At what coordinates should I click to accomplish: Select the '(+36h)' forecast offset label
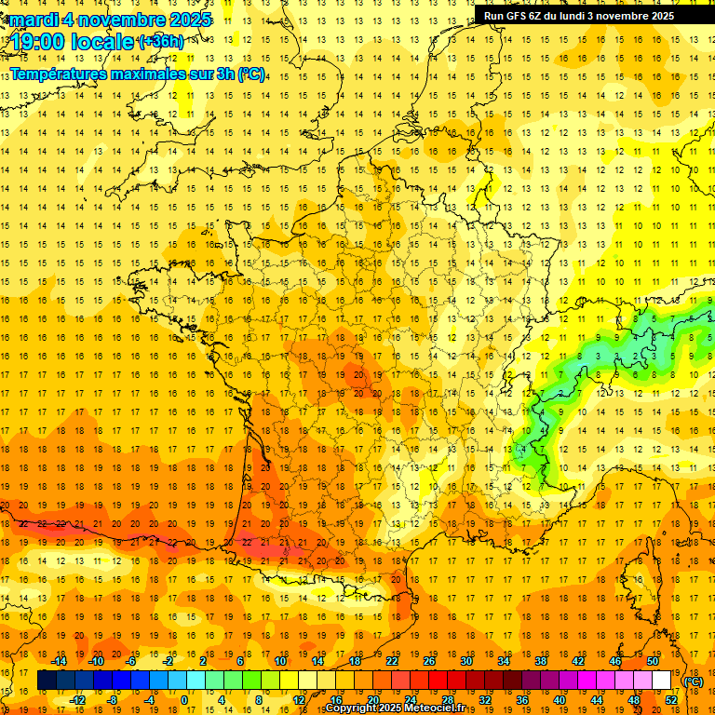(161, 42)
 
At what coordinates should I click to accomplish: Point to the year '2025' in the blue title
(190, 20)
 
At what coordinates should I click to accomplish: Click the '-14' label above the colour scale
(58, 661)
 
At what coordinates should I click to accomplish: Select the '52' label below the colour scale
(671, 700)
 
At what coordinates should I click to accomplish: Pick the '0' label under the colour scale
(183, 700)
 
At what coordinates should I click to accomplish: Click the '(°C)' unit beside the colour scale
(693, 681)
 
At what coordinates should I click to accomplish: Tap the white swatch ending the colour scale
(662, 681)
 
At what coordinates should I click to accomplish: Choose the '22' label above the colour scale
(393, 661)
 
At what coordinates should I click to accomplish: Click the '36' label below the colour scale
(521, 700)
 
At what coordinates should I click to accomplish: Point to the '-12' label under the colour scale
(77, 700)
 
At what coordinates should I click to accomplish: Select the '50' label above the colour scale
(653, 661)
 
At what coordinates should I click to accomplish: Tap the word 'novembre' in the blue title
(123, 20)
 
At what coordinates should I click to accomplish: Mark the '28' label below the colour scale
(447, 700)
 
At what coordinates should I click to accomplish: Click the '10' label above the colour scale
(279, 661)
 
